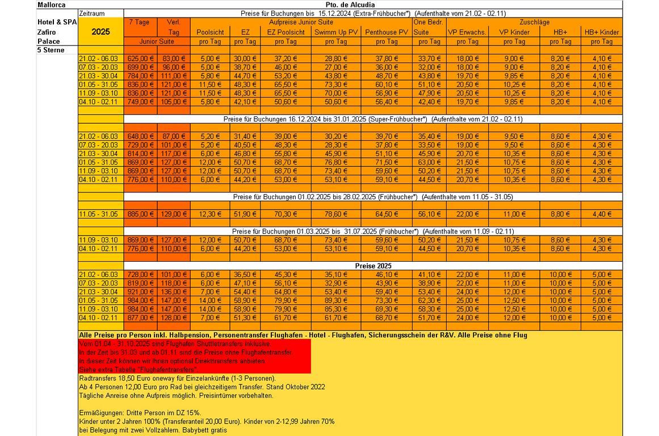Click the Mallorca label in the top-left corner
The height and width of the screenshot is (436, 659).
pos(51,5)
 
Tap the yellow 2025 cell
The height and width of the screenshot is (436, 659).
pos(100,32)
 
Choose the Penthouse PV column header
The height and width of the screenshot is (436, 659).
pos(387,32)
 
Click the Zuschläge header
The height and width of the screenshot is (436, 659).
pos(534,22)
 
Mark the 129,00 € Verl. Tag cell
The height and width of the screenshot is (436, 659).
pos(174,214)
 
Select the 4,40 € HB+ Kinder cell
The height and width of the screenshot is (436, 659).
pos(602,214)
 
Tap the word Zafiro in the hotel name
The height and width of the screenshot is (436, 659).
pos(47,32)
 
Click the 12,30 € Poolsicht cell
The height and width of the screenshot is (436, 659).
pos(210,214)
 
